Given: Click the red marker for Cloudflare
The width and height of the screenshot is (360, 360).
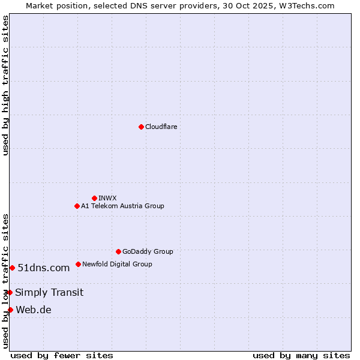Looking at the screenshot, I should pos(141,127).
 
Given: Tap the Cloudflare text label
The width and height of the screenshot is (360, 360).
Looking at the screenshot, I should pos(161,127).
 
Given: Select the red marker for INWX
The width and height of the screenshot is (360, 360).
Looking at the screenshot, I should pos(94,198).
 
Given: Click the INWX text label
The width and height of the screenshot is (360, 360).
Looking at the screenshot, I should pos(107,198).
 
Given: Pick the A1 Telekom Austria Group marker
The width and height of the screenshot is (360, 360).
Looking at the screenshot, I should pos(77,206).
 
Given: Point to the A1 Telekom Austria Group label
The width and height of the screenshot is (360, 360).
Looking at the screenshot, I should pos(122,206).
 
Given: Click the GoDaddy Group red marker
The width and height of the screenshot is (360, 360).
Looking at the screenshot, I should pos(118,251).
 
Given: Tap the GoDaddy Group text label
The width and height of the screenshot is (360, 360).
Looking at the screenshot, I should pos(148,251).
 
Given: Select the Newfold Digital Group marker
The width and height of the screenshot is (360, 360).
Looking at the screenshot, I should pos(78,264).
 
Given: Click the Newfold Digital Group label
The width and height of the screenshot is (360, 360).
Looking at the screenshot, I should pos(117,264).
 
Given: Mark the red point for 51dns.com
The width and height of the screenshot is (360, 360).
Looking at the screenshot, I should pos(12,268).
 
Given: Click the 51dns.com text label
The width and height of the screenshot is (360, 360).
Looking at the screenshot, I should pos(44,268).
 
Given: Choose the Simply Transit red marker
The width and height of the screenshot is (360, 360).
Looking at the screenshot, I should pos(10,292).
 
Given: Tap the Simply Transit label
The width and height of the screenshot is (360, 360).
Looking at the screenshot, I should pos(49,292).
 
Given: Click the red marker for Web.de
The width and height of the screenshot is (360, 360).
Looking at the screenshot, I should pos(10,310).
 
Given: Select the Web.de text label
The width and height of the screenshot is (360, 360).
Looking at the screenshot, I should pos(34,310).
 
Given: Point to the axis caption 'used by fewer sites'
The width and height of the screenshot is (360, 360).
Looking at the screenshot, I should pos(62,355).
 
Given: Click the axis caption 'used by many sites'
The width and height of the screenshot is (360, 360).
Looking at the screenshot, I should pos(301,355).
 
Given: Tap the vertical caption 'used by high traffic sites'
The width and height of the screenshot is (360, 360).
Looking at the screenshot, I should pos(5,85).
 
